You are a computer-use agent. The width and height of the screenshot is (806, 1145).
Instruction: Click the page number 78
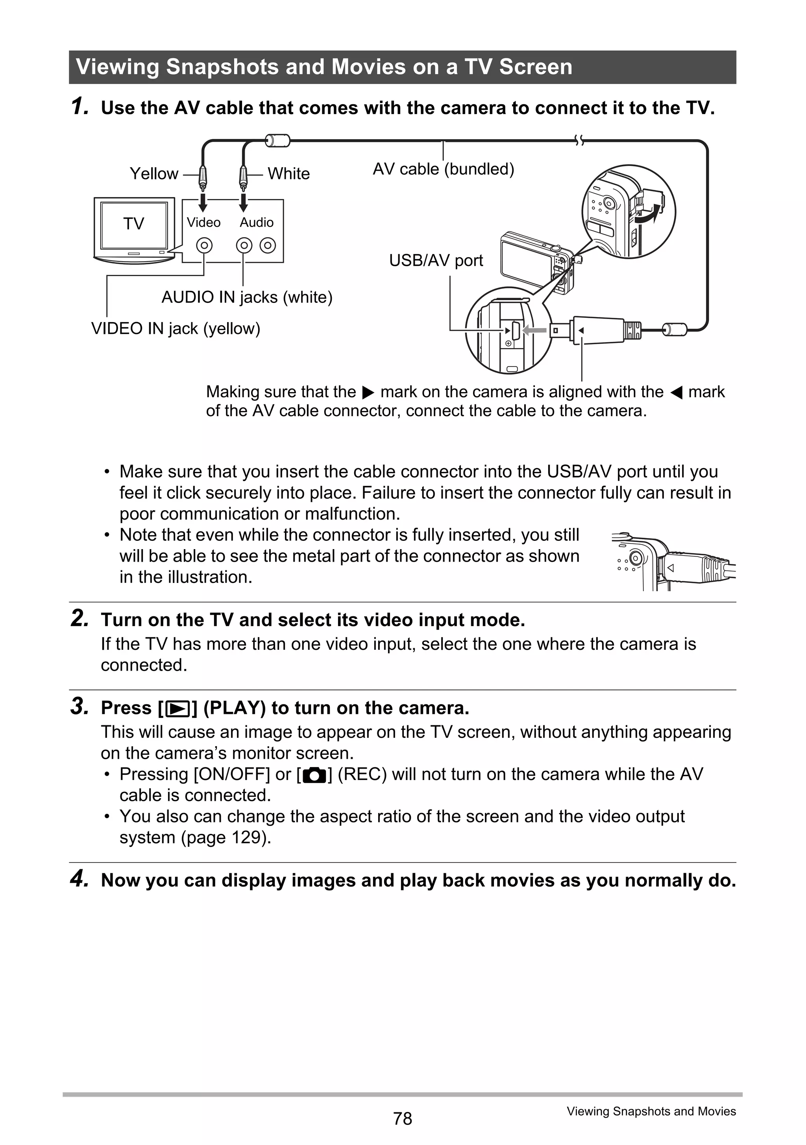tap(402, 1119)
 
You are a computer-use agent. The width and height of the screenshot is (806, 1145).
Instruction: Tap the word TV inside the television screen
tap(134, 223)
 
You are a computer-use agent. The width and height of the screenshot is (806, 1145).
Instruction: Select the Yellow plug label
tap(154, 173)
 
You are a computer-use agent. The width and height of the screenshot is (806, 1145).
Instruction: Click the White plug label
tap(288, 173)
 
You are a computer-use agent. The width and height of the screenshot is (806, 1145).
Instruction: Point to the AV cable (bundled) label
tap(443, 169)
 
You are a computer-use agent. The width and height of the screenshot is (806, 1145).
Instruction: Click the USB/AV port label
tap(436, 260)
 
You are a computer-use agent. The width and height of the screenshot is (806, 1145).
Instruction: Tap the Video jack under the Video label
tap(204, 245)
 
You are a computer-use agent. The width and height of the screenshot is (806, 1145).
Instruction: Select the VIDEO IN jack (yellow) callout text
tap(176, 329)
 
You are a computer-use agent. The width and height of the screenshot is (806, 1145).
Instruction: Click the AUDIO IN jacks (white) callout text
tap(246, 297)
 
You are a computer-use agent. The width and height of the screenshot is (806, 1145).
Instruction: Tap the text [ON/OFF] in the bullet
tap(231, 774)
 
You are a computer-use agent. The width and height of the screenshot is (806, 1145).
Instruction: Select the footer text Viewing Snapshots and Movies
tap(651, 1111)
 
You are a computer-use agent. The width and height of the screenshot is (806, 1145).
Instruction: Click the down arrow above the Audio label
tap(243, 203)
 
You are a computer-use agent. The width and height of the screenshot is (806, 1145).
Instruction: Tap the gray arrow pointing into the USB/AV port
tap(534, 330)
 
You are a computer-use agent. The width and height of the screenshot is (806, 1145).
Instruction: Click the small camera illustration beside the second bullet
tap(673, 562)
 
